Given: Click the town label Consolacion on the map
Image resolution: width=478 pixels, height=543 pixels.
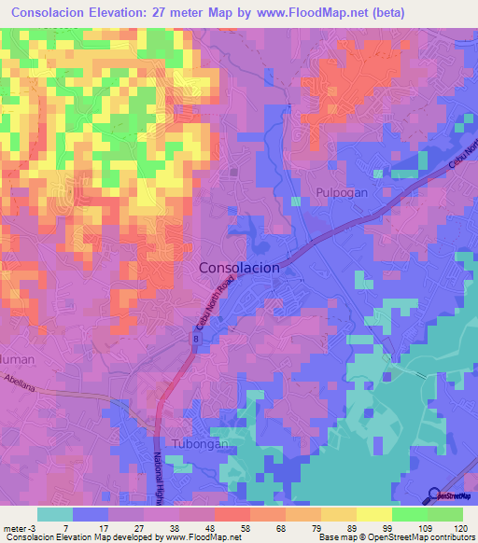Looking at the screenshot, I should pyautogui.click(x=240, y=267).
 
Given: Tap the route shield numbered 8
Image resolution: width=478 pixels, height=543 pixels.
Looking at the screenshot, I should pyautogui.click(x=196, y=341).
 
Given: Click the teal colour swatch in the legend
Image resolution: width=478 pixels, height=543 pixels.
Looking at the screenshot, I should pyautogui.click(x=54, y=514).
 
